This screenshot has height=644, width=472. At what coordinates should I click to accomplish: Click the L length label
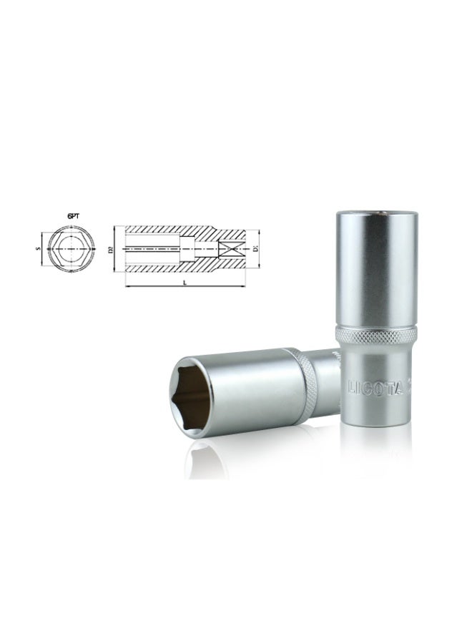185,281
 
